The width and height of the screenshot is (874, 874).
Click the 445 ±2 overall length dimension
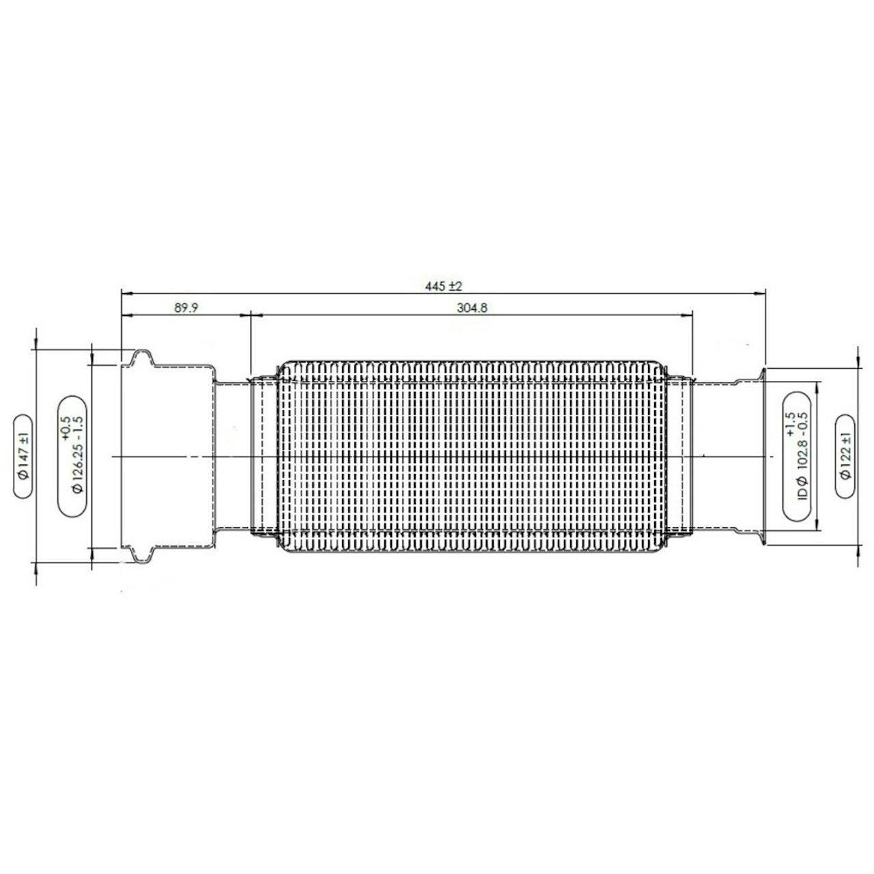tap(443, 286)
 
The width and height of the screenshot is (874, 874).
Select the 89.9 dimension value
tap(186, 308)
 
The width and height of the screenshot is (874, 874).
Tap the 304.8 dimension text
tap(472, 308)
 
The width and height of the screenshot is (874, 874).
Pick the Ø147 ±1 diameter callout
tap(24, 456)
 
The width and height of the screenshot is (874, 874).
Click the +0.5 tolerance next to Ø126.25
tap(64, 428)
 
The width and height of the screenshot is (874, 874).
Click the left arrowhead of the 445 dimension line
tap(126, 294)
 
